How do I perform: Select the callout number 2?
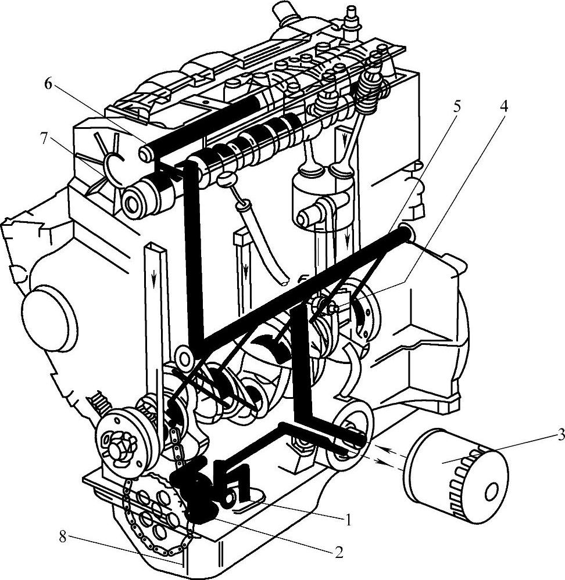pyautogui.click(x=338, y=552)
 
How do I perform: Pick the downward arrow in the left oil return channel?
pyautogui.click(x=154, y=279)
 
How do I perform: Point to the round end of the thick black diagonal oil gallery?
pyautogui.click(x=405, y=233)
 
